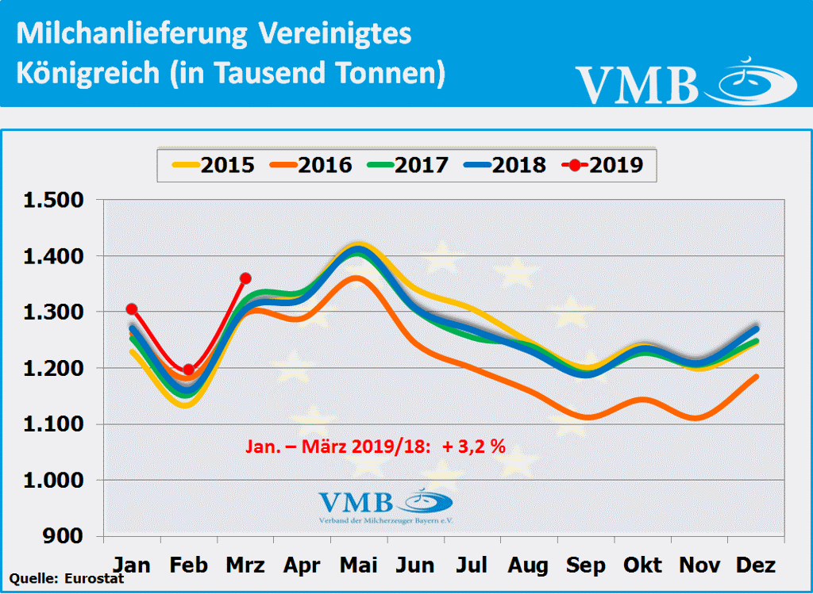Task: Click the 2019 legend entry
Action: coord(603,165)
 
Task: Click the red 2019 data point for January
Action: coord(132,308)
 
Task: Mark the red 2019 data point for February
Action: coord(188,370)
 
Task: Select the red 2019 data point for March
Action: coord(245,278)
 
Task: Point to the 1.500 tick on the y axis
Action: coord(53,200)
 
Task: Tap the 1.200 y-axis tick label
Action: coord(53,369)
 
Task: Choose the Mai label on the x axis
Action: coord(359,565)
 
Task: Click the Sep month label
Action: coord(586,565)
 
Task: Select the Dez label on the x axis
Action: coord(757,565)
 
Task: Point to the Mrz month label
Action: coord(245,565)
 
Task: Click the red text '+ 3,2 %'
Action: coord(474,446)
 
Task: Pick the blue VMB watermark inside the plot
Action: coord(385,505)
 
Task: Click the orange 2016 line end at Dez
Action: coord(757,377)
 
